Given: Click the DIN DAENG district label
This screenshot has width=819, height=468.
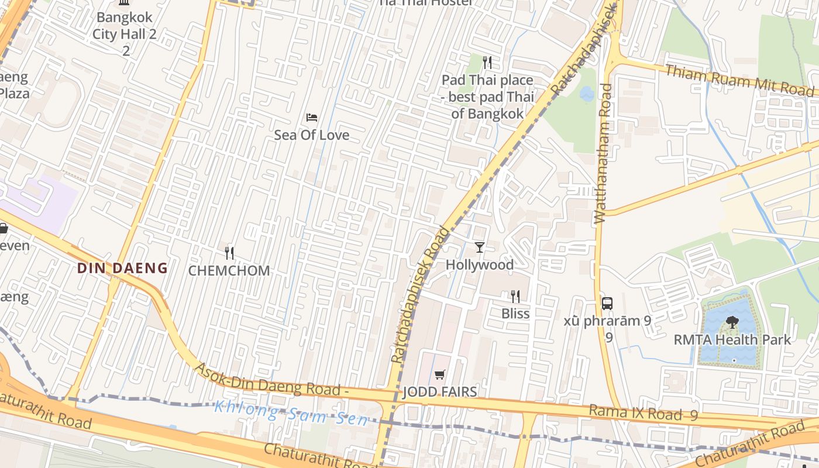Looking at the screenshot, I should click(123, 269).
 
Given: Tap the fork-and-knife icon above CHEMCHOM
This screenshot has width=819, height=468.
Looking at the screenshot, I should click(229, 253).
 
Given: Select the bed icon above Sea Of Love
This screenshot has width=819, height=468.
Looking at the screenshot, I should click(312, 118).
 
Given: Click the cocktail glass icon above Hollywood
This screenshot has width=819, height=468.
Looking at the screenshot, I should click(480, 247).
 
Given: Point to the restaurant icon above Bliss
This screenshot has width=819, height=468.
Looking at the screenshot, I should click(515, 297).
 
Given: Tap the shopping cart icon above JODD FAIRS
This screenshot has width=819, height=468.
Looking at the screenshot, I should click(440, 374).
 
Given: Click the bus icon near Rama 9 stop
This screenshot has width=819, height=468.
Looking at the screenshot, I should click(607, 304).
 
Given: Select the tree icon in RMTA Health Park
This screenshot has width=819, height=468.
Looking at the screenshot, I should click(732, 322).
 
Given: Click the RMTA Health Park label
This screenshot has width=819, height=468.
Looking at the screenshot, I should click(732, 340).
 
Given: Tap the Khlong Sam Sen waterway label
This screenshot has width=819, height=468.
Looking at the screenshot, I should click(291, 413).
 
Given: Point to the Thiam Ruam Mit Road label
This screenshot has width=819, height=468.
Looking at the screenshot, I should click(739, 80).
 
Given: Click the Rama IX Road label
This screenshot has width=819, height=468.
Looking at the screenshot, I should click(643, 413).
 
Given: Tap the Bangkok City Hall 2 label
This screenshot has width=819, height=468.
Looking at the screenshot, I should click(125, 34).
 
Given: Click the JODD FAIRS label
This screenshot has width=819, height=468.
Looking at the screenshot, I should click(440, 392).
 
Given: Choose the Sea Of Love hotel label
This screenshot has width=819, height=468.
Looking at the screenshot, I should click(312, 135).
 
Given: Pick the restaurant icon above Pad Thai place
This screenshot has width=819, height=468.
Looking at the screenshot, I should click(487, 63).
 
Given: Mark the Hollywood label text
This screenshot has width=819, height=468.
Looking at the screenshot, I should click(480, 265).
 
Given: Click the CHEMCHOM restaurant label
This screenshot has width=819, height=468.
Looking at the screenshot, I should click(229, 271).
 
